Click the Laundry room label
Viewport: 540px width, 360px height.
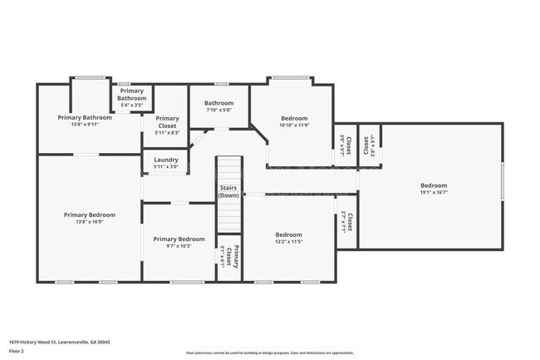167,163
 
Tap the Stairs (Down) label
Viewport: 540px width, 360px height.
229,192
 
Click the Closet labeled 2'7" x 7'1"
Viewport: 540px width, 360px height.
347,222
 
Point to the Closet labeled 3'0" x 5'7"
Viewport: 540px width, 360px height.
345,145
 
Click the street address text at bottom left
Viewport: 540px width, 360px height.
60,341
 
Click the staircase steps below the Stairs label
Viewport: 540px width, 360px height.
229,219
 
